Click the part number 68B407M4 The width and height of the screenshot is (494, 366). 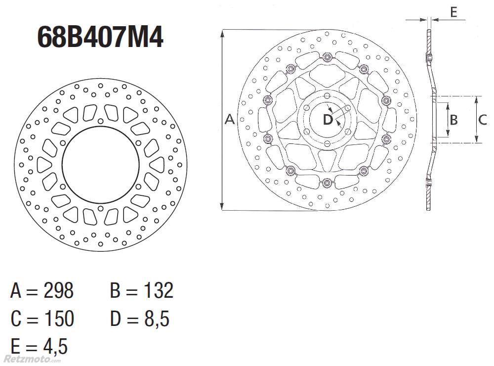(x=100, y=37)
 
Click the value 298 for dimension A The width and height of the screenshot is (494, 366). (x=59, y=290)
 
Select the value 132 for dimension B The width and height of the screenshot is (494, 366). (x=159, y=290)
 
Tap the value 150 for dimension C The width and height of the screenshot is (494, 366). (x=59, y=318)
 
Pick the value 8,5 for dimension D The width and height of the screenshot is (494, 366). (x=157, y=319)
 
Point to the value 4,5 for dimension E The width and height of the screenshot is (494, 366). (x=55, y=346)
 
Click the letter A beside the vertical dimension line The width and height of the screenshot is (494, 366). (x=230, y=119)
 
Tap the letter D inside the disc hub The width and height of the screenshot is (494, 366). (x=328, y=119)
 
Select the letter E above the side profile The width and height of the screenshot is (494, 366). (x=453, y=12)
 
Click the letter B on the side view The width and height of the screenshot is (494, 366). (x=453, y=120)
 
